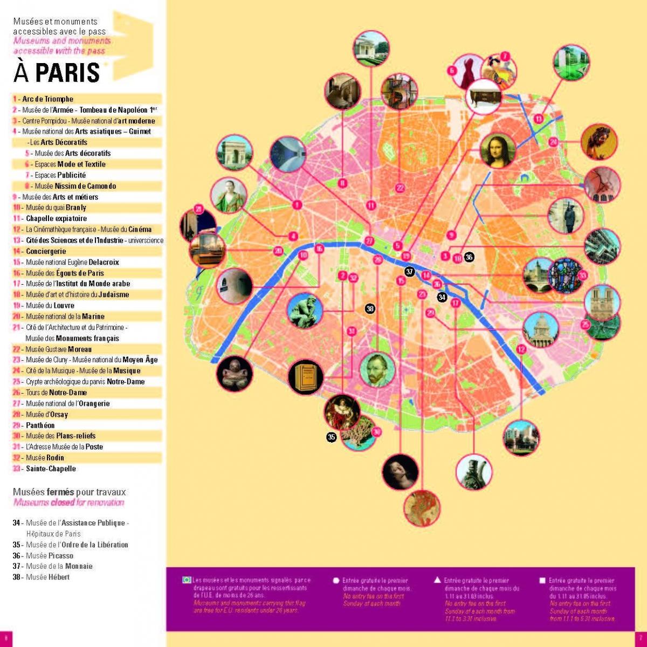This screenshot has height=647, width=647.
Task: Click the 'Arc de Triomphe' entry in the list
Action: click(47, 99)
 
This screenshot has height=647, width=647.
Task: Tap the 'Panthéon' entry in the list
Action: click(40, 425)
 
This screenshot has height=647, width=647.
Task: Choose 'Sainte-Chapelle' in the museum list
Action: click(51, 469)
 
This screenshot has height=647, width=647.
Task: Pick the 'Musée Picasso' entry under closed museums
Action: click(50, 555)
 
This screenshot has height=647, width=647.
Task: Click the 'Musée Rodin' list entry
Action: click(45, 458)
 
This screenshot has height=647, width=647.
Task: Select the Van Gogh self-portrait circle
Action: click(377, 370)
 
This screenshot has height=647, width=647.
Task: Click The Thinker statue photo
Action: click(304, 311)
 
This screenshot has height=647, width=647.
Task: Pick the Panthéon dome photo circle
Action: click(540, 329)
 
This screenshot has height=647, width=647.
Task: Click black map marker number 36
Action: click(469, 257)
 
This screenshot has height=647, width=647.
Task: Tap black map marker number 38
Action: click(370, 308)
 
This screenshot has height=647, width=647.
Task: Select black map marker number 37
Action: click(410, 272)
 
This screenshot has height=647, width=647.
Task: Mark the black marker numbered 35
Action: click(332, 437)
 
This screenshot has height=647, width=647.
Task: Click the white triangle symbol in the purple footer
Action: click(438, 580)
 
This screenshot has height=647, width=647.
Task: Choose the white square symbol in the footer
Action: click(542, 581)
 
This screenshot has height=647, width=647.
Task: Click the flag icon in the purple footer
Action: click(187, 580)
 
